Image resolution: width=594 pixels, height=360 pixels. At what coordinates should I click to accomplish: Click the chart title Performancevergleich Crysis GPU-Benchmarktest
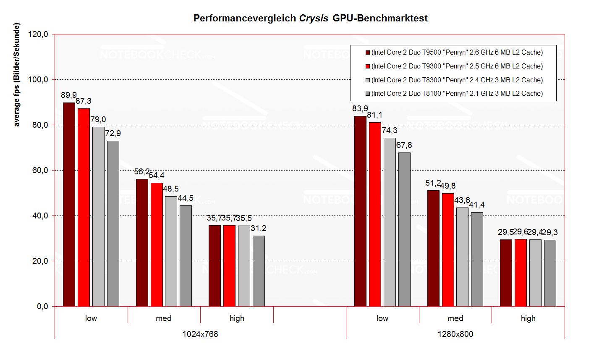[310, 18]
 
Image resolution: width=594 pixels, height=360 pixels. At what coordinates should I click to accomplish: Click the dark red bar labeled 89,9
[69, 205]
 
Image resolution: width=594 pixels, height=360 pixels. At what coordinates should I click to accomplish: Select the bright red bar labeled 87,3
[84, 208]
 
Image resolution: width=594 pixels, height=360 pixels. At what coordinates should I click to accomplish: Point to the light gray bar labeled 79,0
[98, 217]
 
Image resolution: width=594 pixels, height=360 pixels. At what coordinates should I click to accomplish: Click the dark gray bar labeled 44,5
[186, 256]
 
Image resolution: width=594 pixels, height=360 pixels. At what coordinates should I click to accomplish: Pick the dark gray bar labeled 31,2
[259, 271]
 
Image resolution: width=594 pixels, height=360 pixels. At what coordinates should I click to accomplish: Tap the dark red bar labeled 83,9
[360, 211]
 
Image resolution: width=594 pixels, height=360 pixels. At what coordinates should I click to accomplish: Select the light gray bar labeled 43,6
[462, 257]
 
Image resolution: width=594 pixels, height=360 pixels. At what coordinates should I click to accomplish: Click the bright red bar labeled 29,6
[521, 273]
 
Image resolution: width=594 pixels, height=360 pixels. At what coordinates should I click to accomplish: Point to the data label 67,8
[404, 145]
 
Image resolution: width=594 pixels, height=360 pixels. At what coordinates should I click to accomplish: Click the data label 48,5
[171, 189]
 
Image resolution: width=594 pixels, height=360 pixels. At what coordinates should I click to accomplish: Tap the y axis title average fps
[17, 75]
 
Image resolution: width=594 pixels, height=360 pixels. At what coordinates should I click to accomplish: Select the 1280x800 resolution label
[455, 334]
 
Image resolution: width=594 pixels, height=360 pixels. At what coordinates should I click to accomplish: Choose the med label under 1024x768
[163, 318]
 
